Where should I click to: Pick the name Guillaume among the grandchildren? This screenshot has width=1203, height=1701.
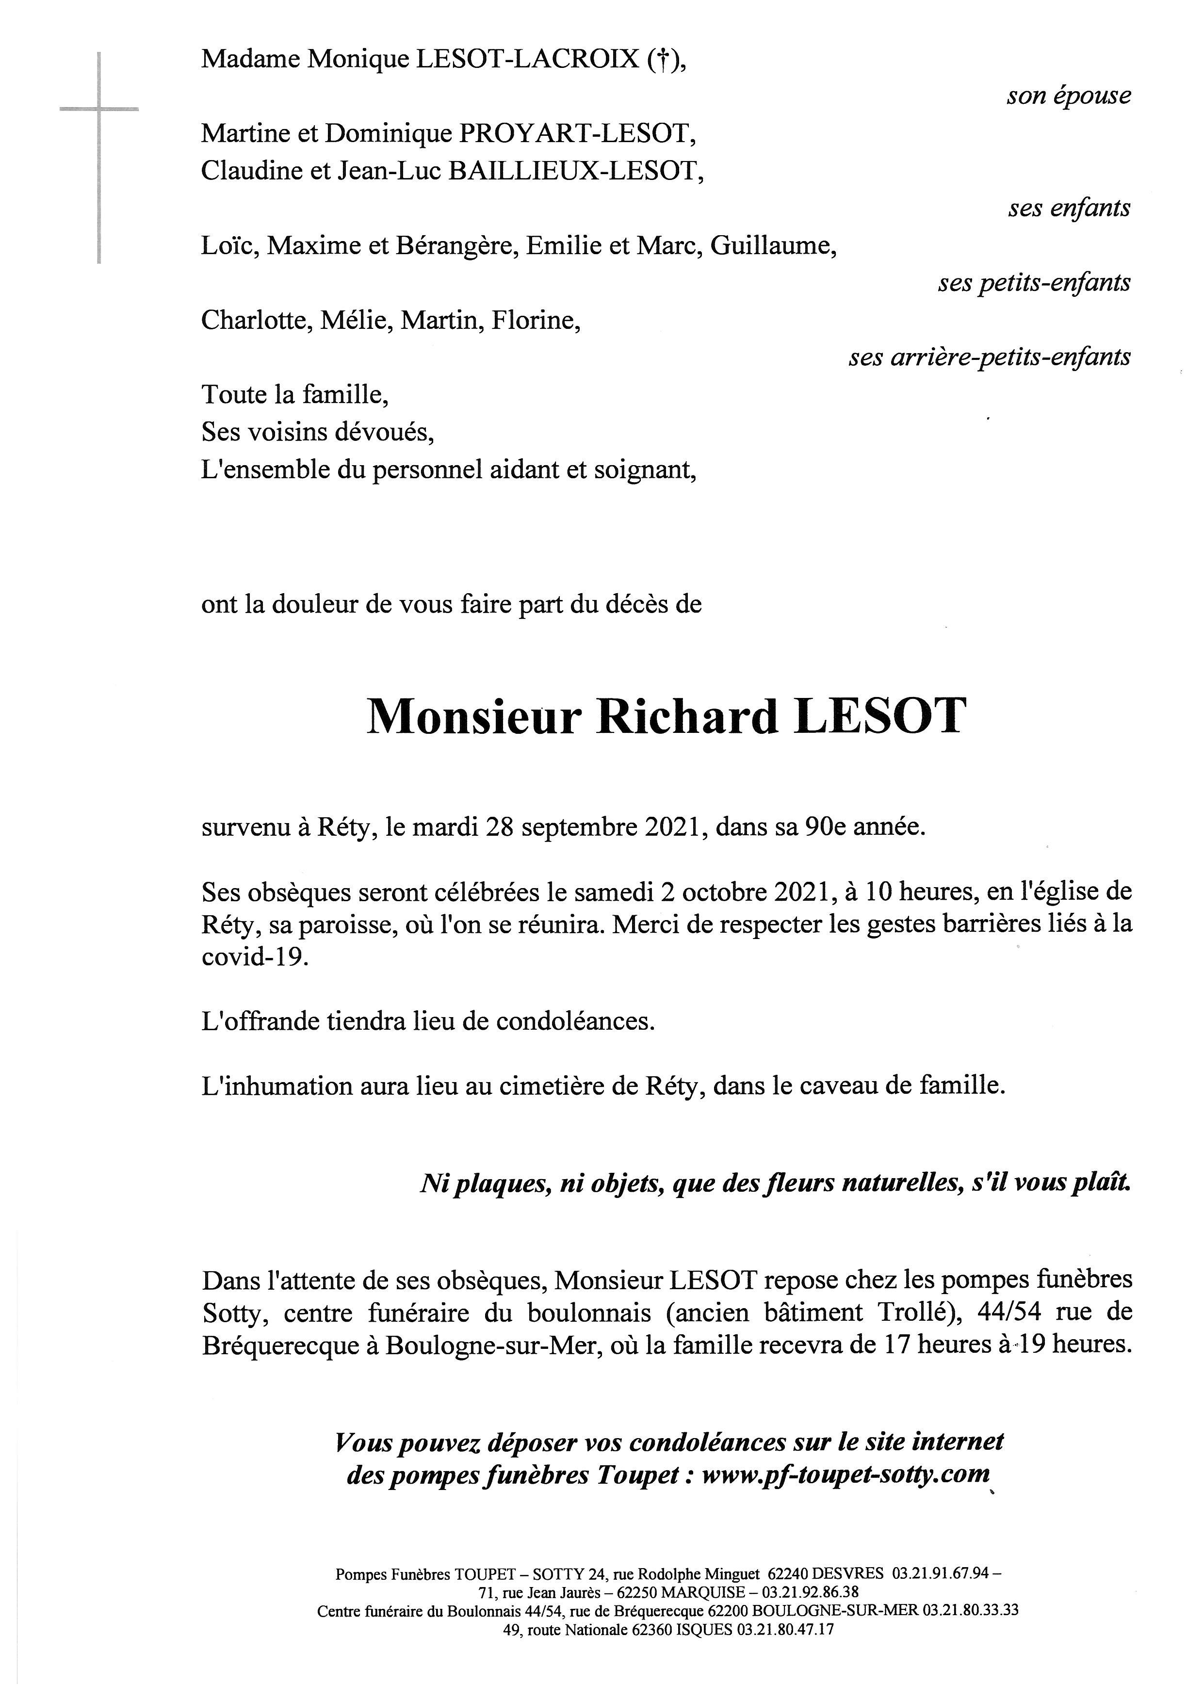click(x=773, y=246)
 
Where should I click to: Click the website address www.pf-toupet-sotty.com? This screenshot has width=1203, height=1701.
click(x=845, y=1474)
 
